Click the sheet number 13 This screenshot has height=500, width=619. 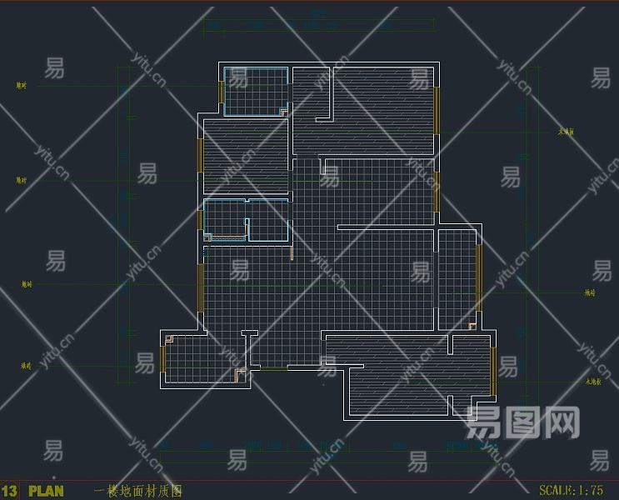point(9,492)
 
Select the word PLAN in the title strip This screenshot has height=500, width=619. point(46,492)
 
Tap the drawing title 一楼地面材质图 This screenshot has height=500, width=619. point(138,492)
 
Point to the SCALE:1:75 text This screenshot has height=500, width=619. point(571,491)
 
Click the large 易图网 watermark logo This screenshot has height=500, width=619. point(522,422)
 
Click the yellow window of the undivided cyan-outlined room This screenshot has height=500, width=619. point(222,91)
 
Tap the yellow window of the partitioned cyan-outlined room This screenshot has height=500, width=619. point(200,219)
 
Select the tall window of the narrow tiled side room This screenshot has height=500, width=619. point(478,277)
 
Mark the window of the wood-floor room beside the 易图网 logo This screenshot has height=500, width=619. point(493,371)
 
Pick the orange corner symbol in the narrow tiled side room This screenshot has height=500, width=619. point(472,326)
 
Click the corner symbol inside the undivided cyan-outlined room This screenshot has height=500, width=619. point(283,111)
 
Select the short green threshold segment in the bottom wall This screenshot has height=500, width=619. point(274,368)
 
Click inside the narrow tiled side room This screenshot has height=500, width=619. point(457,279)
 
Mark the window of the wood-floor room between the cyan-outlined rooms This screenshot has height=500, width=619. point(200,155)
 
